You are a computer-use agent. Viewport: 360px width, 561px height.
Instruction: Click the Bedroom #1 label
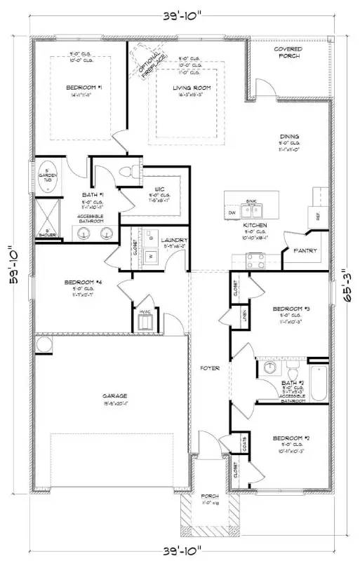(84, 87)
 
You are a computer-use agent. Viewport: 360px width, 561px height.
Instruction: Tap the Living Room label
(187, 87)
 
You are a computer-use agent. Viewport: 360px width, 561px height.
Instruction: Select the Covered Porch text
(288, 53)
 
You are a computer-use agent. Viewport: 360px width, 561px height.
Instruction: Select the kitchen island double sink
(251, 209)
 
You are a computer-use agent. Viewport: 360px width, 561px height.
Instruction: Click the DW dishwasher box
(232, 212)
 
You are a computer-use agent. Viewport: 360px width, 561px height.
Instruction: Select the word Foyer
(210, 367)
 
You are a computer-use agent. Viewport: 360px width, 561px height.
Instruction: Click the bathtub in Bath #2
(318, 381)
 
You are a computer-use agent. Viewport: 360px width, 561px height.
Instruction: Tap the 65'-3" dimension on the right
(344, 284)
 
